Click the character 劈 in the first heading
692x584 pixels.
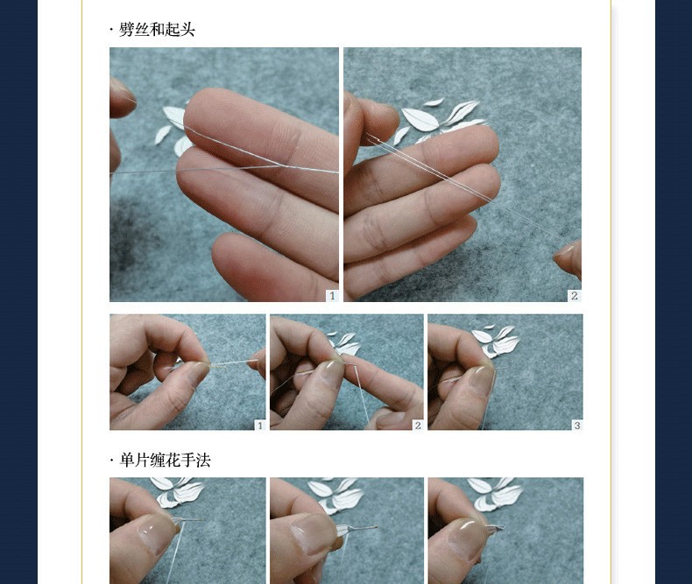127,30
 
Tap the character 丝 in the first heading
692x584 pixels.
142,30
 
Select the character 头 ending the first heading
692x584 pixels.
187,30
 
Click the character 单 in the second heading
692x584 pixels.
127,461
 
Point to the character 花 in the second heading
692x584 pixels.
173,461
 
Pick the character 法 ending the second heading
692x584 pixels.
203,461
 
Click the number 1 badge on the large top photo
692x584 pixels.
332,296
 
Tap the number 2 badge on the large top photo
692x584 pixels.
574,296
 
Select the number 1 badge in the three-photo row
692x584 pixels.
260,426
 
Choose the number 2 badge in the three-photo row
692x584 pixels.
418,426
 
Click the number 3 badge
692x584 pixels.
577,426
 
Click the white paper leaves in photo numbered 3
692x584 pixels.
495,341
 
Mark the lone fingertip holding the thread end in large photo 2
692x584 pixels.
568,260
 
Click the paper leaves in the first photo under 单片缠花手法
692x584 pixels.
179,490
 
